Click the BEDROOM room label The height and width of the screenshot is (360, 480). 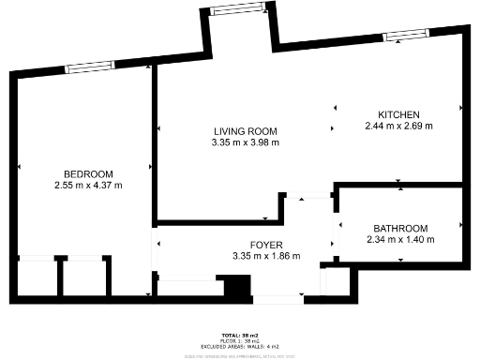(x=88, y=174)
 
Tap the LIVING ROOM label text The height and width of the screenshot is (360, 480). (x=246, y=131)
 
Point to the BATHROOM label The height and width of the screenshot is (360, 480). (x=400, y=229)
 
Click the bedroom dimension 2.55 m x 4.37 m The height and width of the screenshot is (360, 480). (x=88, y=186)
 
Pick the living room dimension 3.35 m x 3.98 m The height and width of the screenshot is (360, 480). (x=246, y=142)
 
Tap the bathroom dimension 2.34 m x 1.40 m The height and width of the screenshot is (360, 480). (x=400, y=240)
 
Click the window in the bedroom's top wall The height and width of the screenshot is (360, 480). (x=89, y=67)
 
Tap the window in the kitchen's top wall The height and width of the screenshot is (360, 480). (x=405, y=36)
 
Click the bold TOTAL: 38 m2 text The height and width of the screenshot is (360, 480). (x=239, y=334)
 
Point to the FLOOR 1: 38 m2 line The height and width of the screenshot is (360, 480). (x=239, y=341)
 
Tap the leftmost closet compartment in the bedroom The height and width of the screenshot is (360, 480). (x=37, y=277)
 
